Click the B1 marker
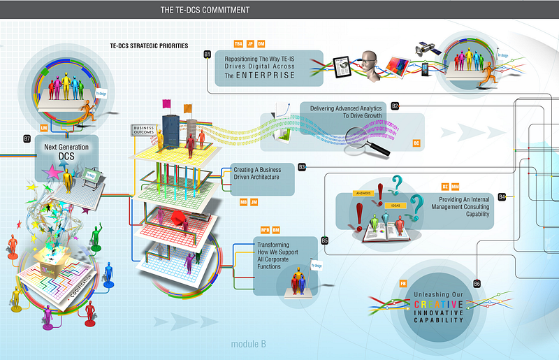coord(208,54)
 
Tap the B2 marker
coord(395,106)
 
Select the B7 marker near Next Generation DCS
coord(27,138)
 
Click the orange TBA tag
coord(238,43)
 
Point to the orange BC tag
coord(416,143)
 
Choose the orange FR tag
coord(403,282)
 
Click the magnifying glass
coord(366,138)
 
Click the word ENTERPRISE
coord(265,75)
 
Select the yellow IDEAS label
coord(395,206)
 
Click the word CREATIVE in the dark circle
coord(438,305)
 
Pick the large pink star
coord(52,171)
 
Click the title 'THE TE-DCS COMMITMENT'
coord(205,10)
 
